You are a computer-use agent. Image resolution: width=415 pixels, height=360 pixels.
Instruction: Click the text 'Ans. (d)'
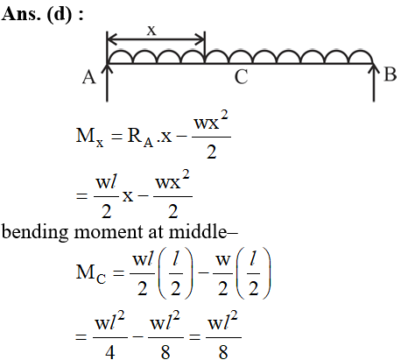pyautogui.click(x=37, y=14)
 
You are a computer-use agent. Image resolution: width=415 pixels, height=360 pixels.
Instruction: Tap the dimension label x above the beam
pyautogui.click(x=151, y=31)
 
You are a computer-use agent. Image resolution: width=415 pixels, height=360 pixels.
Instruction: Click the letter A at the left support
pyautogui.click(x=88, y=77)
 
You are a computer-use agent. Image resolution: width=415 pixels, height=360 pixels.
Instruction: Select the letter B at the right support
pyautogui.click(x=390, y=74)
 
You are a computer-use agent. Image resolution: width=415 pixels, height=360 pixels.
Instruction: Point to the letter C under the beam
pyautogui.click(x=241, y=77)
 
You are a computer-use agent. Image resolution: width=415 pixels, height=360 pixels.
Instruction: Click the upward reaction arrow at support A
pyautogui.click(x=107, y=83)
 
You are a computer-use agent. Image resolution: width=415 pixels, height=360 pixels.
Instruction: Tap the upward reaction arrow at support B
pyautogui.click(x=374, y=83)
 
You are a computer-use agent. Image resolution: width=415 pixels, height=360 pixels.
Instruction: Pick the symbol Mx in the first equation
pyautogui.click(x=89, y=137)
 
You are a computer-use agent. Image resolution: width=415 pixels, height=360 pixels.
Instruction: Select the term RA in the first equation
pyautogui.click(x=140, y=137)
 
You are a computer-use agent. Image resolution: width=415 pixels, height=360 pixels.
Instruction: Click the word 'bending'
pyautogui.click(x=35, y=233)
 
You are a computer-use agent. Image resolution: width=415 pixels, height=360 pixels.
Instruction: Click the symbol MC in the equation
pyautogui.click(x=91, y=273)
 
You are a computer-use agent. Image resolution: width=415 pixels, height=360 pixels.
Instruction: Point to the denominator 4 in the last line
pyautogui.click(x=109, y=352)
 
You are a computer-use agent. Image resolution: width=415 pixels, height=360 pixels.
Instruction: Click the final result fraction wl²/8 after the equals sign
pyautogui.click(x=223, y=335)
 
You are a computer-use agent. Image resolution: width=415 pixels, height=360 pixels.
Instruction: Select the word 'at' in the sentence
pyautogui.click(x=156, y=233)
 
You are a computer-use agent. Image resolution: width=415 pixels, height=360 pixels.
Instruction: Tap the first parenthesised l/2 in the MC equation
pyautogui.click(x=176, y=273)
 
